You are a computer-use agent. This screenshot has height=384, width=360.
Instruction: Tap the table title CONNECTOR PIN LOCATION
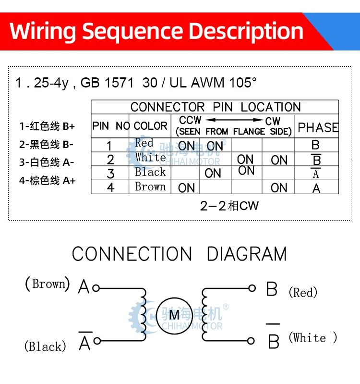[x=216, y=107]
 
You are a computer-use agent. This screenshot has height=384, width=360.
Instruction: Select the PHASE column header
[x=318, y=127]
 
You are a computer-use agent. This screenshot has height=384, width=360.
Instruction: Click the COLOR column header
[x=150, y=126]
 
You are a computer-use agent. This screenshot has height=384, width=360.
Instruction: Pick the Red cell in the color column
[x=144, y=143]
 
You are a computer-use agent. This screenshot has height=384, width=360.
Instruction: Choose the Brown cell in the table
[x=150, y=186]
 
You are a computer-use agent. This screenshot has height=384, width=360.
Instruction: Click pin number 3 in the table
[x=110, y=173]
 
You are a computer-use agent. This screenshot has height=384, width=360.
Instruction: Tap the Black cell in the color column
[x=150, y=172]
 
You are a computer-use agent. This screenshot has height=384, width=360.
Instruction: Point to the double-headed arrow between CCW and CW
[x=234, y=120]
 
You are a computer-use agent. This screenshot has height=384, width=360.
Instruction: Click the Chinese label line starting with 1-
[x=47, y=126]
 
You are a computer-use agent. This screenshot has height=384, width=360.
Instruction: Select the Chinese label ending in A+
[x=47, y=181]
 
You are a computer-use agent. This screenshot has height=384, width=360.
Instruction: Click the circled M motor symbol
[x=175, y=315]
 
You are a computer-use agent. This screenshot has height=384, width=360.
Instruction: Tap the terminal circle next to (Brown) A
[x=96, y=288]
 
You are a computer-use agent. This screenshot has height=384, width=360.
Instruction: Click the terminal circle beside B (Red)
[x=252, y=288]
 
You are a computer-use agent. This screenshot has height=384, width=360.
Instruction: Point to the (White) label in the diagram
[x=313, y=338]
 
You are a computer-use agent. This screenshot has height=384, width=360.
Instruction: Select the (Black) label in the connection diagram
[x=45, y=347]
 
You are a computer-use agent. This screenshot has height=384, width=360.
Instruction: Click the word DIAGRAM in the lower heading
[x=247, y=254]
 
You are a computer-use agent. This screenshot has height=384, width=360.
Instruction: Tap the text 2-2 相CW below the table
[x=229, y=206]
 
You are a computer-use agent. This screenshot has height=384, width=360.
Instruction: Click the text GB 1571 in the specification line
[x=107, y=83]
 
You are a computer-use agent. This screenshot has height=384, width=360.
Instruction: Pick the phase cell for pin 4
[x=316, y=188]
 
